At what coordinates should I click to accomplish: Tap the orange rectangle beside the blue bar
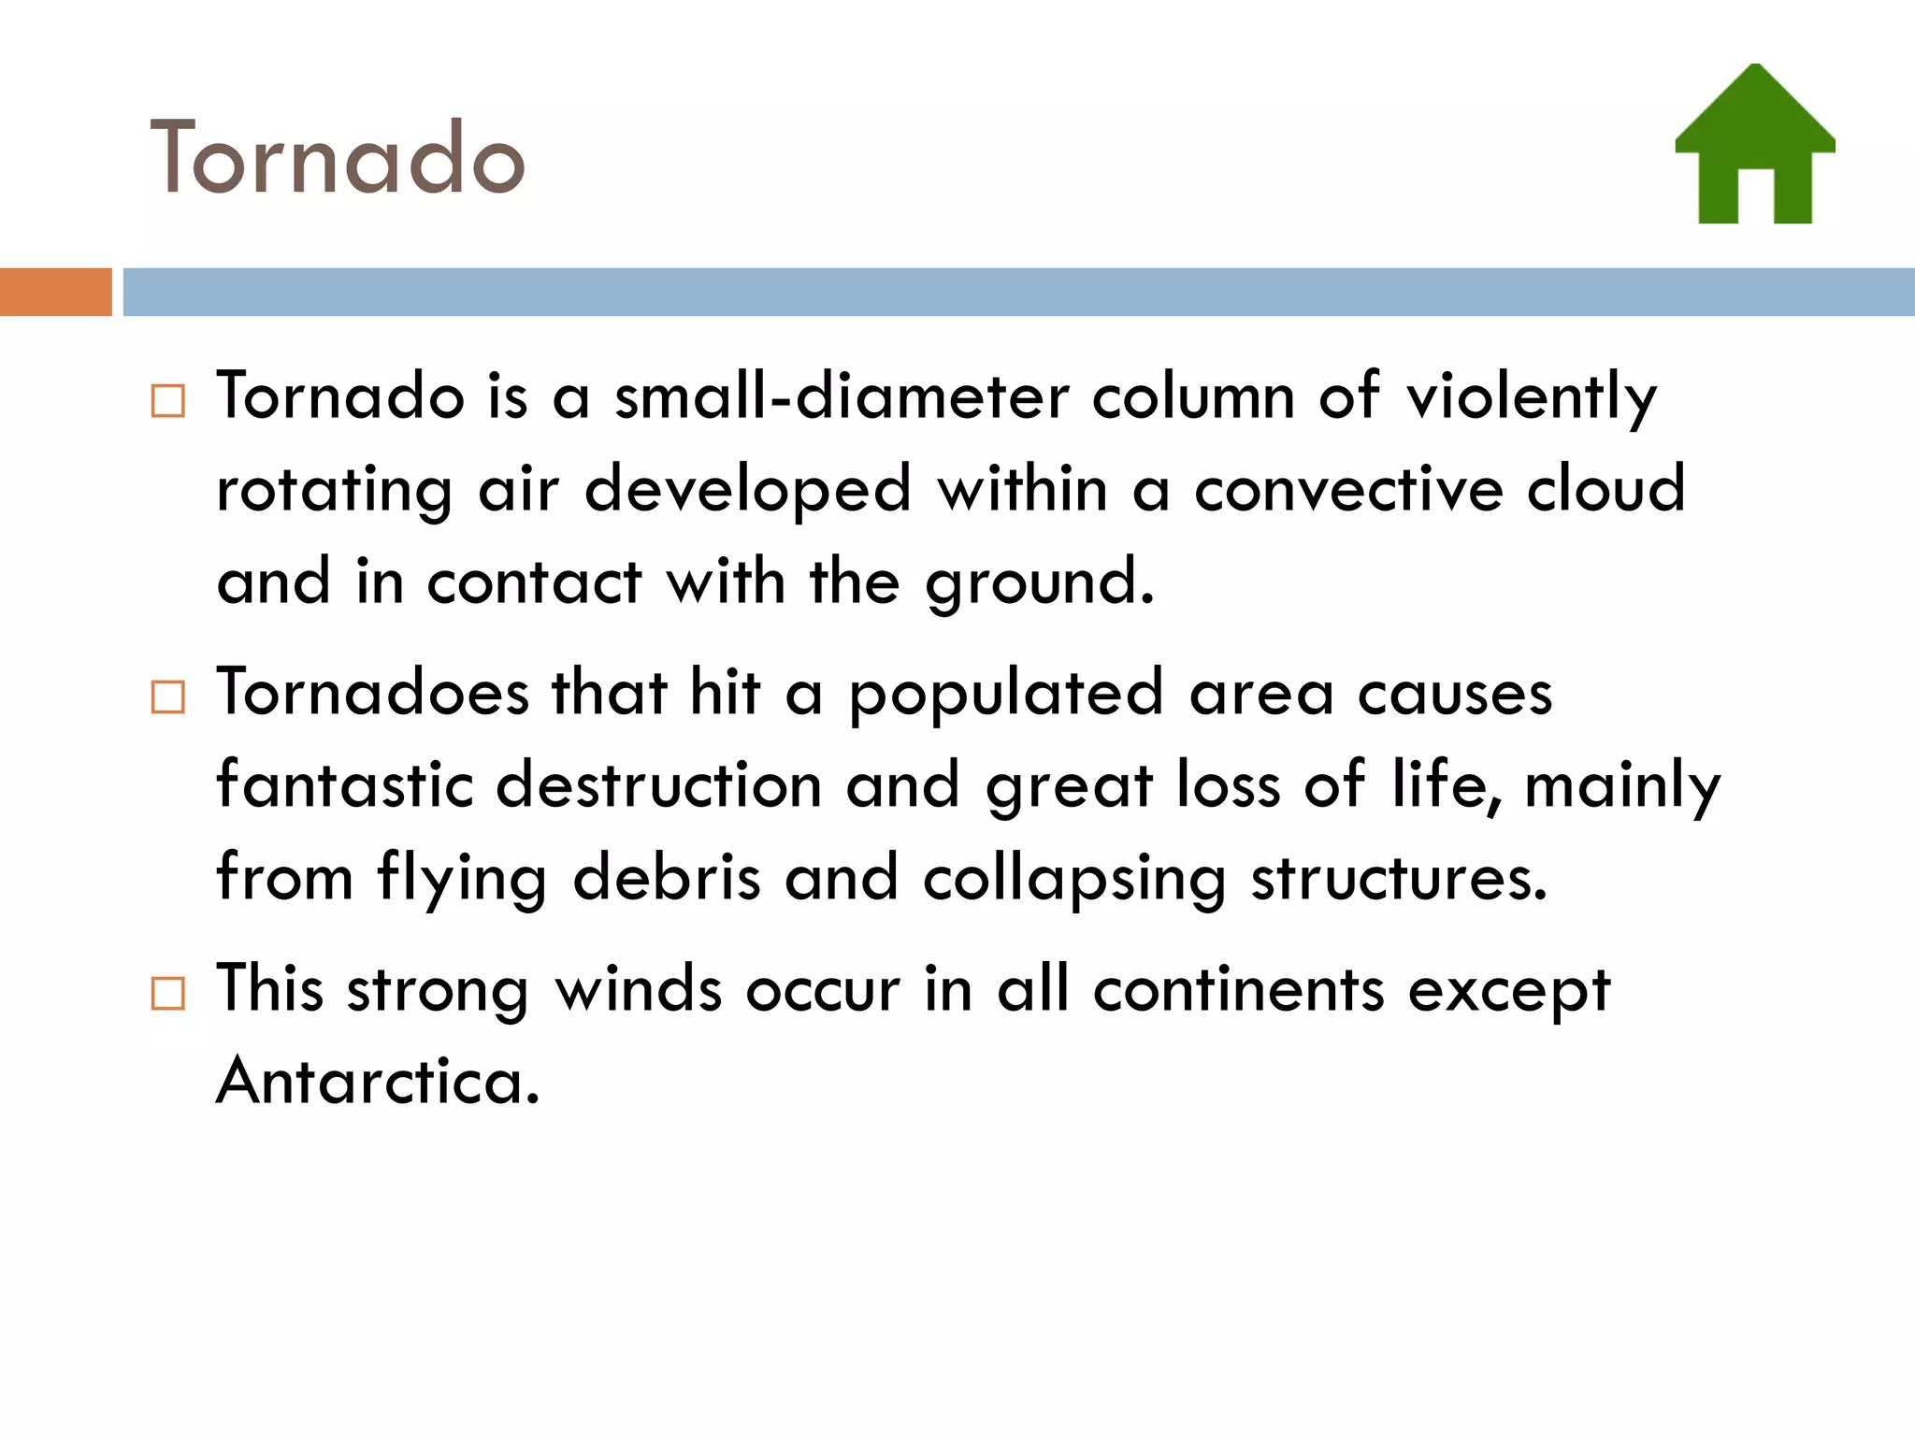(x=55, y=292)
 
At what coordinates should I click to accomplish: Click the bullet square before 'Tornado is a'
(x=168, y=401)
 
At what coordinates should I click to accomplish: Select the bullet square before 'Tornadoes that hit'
(x=168, y=696)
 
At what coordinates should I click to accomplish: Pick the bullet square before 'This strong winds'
(x=168, y=993)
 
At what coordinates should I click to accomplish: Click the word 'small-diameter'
(x=842, y=396)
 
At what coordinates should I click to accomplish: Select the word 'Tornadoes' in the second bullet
(x=373, y=693)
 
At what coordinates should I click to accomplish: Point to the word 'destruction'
(x=658, y=784)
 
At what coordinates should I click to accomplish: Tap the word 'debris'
(x=667, y=878)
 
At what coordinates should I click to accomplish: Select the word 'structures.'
(x=1400, y=879)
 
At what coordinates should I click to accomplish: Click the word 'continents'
(x=1239, y=989)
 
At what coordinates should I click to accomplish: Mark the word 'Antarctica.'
(x=379, y=1081)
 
